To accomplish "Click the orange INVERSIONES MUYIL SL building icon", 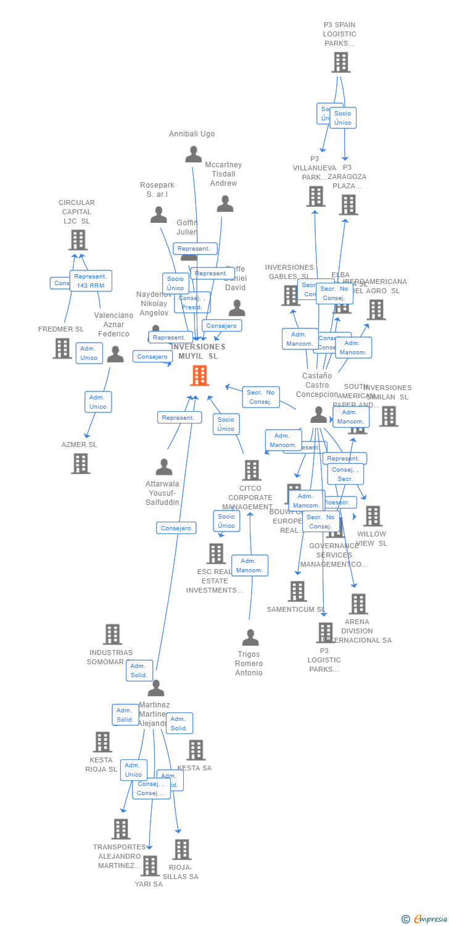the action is [200, 375].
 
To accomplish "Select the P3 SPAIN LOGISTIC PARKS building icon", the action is [340, 62].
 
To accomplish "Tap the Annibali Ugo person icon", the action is [194, 154].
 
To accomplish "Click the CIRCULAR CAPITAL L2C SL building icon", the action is [78, 240].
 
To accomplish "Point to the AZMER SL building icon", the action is [81, 463].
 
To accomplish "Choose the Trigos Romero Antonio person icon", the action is [250, 637].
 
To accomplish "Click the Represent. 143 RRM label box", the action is [91, 280].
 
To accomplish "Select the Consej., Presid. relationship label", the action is [192, 302].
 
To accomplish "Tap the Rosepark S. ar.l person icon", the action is [159, 214].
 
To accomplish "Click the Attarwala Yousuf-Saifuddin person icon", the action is [164, 467].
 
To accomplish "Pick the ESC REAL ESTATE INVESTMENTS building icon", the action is [216, 554].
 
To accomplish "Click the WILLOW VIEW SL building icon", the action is [373, 516].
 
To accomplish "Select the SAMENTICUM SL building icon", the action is [297, 591].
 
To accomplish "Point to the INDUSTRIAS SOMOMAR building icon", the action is [112, 634].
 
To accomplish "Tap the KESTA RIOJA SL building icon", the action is [102, 742].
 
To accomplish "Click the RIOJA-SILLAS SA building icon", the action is [182, 849].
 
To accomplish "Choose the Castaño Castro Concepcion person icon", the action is [318, 415].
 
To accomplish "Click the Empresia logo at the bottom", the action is [425, 919].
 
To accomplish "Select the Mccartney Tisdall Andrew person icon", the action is [225, 203].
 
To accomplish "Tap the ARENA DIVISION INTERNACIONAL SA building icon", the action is [358, 604].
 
